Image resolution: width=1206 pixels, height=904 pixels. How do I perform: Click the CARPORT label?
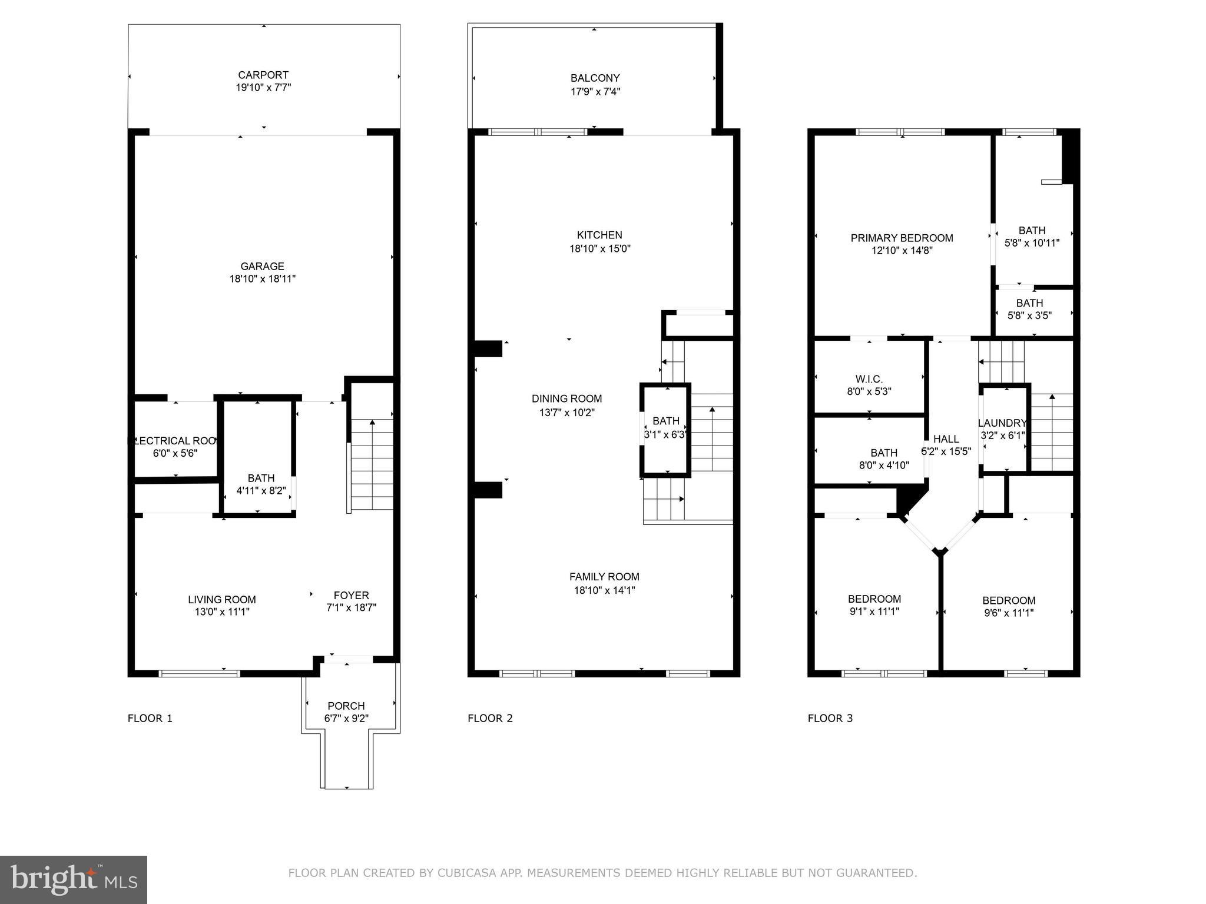[x=263, y=75]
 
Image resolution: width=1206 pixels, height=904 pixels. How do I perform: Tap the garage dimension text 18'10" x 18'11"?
[x=262, y=279]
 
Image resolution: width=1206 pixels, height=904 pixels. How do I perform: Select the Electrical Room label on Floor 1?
[x=175, y=441]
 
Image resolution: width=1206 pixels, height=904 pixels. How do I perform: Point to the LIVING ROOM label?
[x=222, y=600]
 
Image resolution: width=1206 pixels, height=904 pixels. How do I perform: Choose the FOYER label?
[x=351, y=595]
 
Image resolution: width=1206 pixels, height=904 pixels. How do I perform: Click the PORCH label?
[x=346, y=706]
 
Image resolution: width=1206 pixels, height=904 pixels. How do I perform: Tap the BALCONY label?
[x=595, y=78]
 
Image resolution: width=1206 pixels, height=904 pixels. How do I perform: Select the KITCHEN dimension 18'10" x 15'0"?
[x=599, y=249]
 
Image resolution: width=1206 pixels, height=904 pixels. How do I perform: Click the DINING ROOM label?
[x=566, y=399]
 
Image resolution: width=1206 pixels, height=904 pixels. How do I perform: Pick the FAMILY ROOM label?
[x=604, y=577]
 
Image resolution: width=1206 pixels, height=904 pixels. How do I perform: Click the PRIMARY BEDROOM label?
[x=902, y=238]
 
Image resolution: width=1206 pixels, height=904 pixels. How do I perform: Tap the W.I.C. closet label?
[x=869, y=380]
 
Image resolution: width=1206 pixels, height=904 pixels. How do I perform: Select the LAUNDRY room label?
[x=1002, y=423]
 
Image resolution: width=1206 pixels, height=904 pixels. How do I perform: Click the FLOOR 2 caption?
[x=490, y=718]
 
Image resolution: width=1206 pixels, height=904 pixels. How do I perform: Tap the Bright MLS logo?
[x=74, y=879]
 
